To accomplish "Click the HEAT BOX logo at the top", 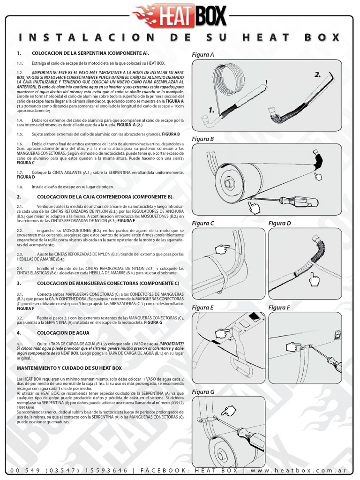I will coord(180,15).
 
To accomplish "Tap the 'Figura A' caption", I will coord(202,55).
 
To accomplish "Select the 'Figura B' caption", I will coord(202,139).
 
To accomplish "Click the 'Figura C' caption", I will coord(202,223).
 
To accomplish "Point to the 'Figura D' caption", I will coord(280,223).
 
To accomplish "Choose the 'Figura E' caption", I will coord(202,307).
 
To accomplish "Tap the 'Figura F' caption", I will coord(279,307).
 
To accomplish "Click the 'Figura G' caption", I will coord(203,391).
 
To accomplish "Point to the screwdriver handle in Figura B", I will coord(300,201).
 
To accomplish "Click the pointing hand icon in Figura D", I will coord(314,280).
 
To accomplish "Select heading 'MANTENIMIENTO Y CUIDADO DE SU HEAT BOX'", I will coord(69,368).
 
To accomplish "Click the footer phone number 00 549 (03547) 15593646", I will coord(68,470).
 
